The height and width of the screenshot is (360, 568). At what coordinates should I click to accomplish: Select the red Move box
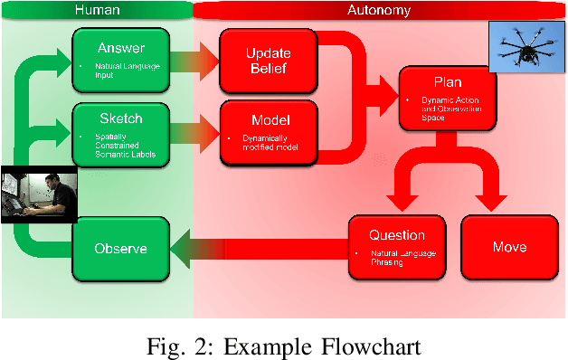click(509, 247)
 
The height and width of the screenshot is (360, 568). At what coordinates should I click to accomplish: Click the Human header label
click(97, 11)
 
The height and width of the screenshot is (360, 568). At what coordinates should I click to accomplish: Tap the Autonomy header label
click(379, 11)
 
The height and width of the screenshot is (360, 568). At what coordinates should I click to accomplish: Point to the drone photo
click(526, 45)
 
